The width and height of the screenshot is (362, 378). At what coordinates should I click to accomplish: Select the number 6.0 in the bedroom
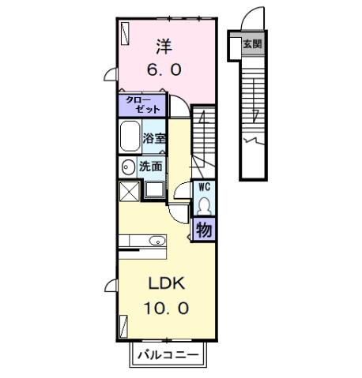click(x=164, y=69)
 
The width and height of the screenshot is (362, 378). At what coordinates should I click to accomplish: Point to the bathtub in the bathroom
click(x=130, y=139)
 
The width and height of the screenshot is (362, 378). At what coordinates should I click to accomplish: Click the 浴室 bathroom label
click(x=154, y=139)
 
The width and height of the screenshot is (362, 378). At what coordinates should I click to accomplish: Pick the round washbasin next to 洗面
click(x=128, y=167)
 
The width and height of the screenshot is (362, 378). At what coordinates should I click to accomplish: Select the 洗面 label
click(x=151, y=167)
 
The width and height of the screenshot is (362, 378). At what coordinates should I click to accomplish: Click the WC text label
click(x=204, y=188)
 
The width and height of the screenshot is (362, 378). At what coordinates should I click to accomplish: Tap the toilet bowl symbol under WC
click(x=204, y=204)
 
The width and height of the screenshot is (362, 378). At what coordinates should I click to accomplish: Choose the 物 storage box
click(x=204, y=230)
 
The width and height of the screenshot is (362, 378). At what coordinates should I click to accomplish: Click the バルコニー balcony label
click(x=169, y=354)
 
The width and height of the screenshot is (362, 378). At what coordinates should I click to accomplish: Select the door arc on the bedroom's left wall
click(x=112, y=77)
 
